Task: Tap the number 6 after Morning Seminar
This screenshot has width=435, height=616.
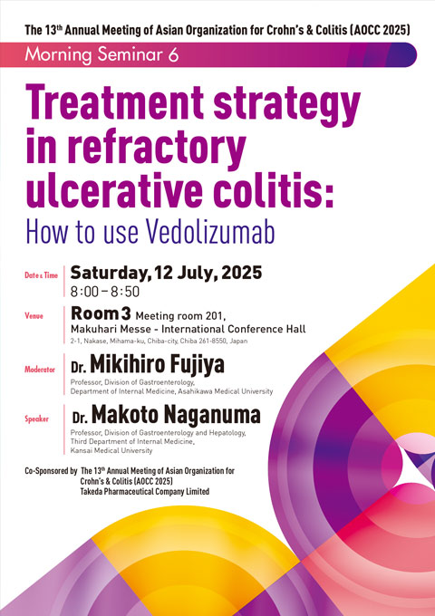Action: point(173,54)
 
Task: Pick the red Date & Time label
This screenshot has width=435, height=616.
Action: point(41,275)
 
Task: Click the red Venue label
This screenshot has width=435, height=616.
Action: point(34,315)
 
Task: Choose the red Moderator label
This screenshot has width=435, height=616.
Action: point(40,370)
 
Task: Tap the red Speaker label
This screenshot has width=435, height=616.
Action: point(36,419)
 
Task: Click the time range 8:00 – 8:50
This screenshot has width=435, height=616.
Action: point(105,292)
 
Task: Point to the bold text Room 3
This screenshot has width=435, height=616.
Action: point(101,313)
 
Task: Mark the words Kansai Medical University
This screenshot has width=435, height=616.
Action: point(111,450)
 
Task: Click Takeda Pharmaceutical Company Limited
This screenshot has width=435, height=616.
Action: point(145,492)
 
